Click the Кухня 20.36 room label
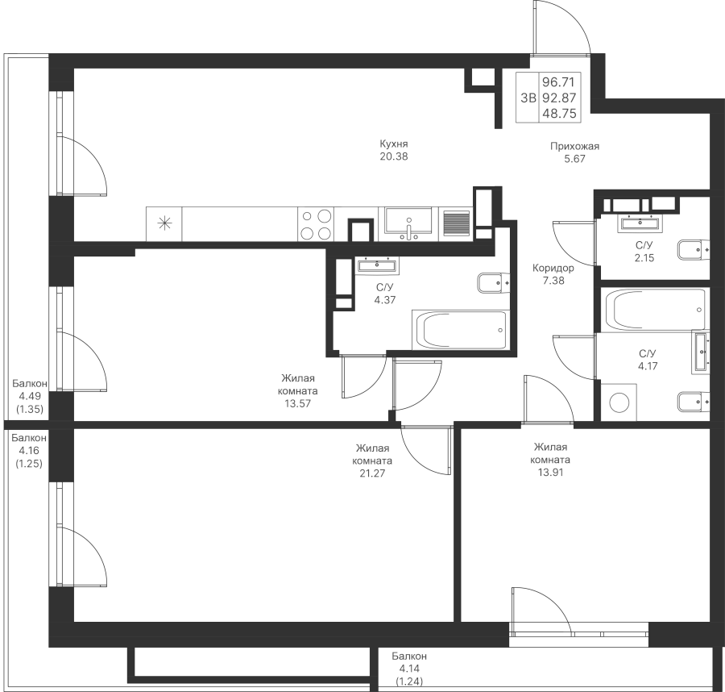point(395,151)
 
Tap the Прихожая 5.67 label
point(574,152)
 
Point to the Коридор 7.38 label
point(553,275)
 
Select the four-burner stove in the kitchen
point(316,224)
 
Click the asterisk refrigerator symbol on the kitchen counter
point(164,223)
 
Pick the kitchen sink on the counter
point(409,223)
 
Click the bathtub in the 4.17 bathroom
point(654,309)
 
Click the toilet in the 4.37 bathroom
point(494,282)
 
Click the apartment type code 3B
point(528,98)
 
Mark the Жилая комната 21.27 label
point(373,461)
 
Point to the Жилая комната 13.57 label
point(299,390)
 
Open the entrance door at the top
point(561,28)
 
